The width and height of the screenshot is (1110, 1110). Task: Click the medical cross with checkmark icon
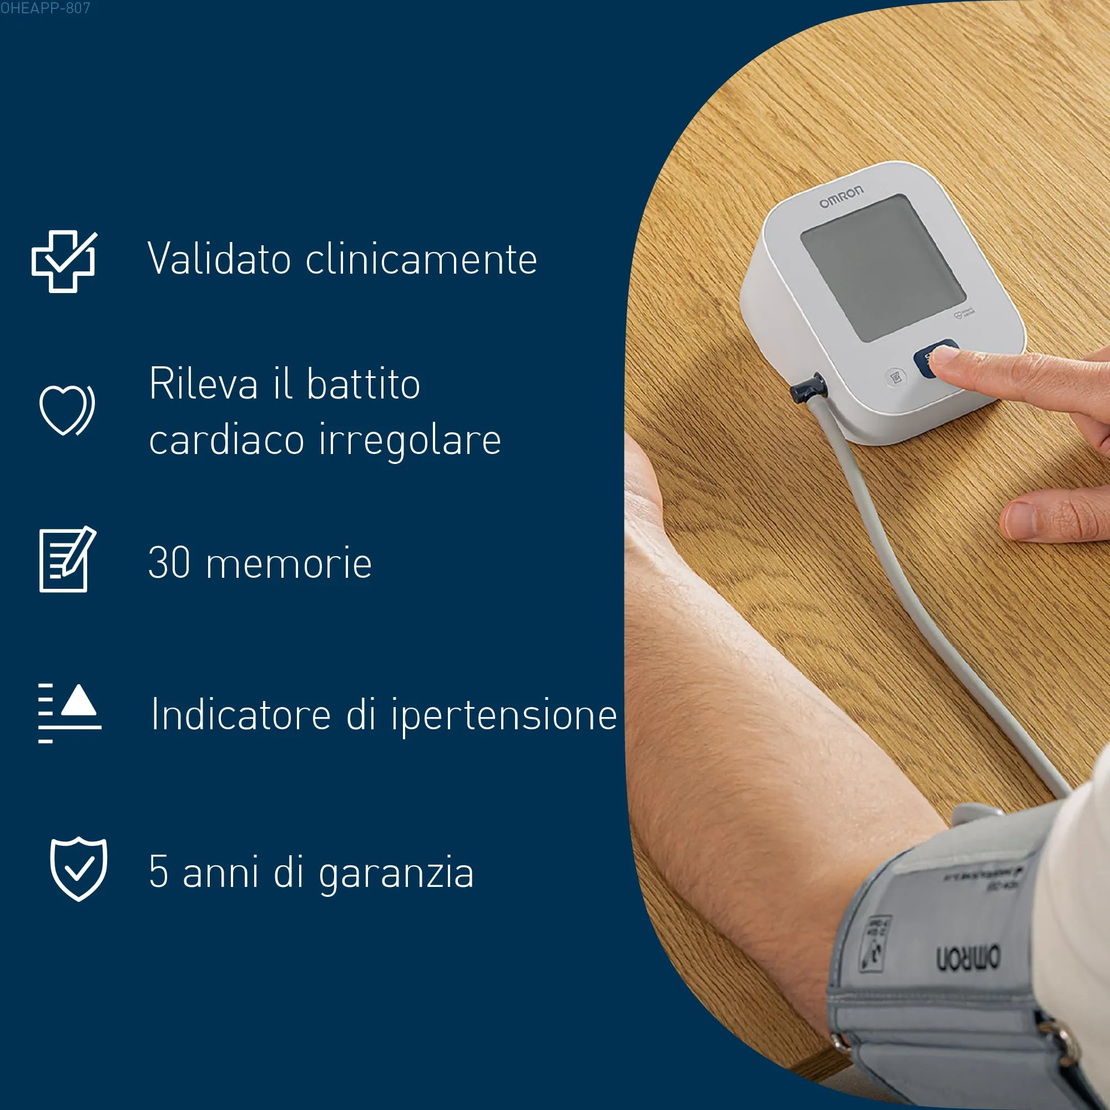pos(64,261)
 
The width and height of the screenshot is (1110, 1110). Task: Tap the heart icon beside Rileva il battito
pos(66,410)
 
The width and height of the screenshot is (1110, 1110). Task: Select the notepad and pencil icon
pos(67,559)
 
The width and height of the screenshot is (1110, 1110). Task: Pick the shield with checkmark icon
pos(79,869)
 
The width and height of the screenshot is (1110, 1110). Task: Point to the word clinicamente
pos(421,259)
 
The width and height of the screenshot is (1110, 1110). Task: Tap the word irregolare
pos(410,440)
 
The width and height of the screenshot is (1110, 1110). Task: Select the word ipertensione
pos(504,715)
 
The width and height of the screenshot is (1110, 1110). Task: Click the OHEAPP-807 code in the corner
pos(45,8)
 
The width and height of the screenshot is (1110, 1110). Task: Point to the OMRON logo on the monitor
pos(840,196)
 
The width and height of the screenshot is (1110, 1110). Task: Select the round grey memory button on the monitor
pos(895,377)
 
